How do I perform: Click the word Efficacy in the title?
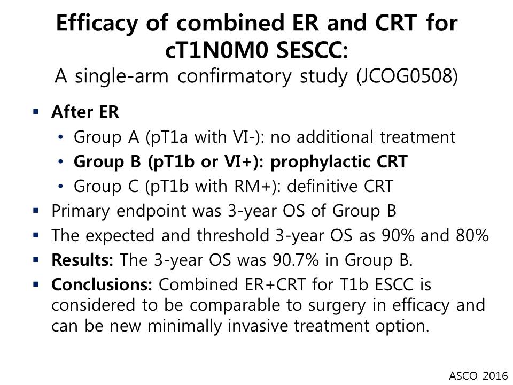tap(97, 24)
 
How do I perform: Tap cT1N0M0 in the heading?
tap(217, 50)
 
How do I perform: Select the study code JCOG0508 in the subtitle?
tap(407, 76)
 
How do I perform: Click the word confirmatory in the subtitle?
tap(234, 76)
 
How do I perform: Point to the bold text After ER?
tap(85, 112)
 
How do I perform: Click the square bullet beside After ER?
tap(36, 112)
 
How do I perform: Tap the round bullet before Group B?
tap(60, 161)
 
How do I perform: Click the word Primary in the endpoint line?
tap(81, 211)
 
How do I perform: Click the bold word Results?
tap(82, 260)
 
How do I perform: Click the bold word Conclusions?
tap(102, 284)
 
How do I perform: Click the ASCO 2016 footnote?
tap(478, 375)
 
